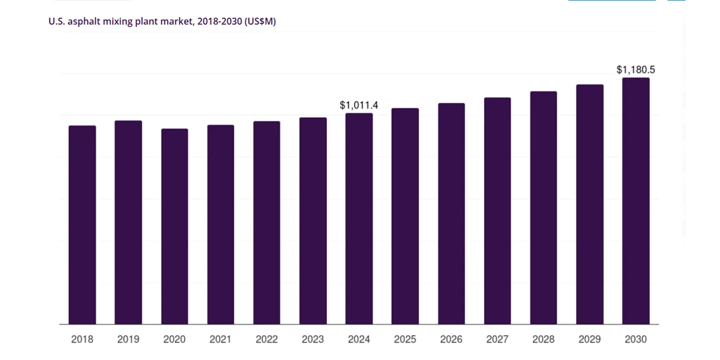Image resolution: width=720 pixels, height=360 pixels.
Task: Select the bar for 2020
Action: (x=174, y=226)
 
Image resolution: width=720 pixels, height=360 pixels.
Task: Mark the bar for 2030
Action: (x=636, y=201)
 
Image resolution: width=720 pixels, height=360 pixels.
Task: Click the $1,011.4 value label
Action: (x=359, y=105)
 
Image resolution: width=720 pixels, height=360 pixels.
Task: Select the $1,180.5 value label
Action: (x=636, y=70)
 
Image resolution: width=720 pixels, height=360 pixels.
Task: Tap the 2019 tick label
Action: (x=128, y=339)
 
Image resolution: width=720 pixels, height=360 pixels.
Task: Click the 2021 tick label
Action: (x=221, y=339)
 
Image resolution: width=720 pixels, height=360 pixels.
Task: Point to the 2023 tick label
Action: (x=313, y=339)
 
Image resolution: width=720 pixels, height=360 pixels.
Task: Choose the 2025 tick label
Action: (x=405, y=339)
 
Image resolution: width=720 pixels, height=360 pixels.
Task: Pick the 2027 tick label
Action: (x=497, y=339)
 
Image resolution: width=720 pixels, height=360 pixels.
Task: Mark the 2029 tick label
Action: (x=590, y=339)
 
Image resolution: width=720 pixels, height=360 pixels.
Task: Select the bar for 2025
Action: (x=405, y=216)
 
